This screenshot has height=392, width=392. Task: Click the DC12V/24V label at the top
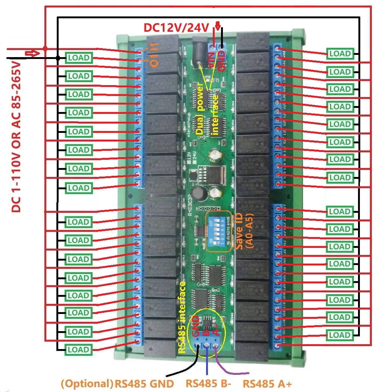click(177, 28)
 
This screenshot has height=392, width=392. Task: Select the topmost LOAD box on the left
click(78, 58)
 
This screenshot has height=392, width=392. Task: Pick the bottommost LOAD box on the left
click(78, 350)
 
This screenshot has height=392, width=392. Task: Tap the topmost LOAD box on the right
click(340, 54)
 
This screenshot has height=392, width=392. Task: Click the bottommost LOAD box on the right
click(340, 335)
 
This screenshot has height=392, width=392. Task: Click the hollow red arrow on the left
click(32, 53)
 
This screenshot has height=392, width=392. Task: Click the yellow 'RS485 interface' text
click(182, 317)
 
